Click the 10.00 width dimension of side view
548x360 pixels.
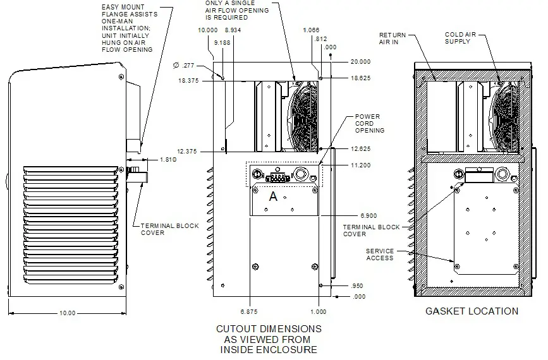pos(67,313)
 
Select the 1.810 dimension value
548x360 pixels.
pos(167,160)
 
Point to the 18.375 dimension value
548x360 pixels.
pos(190,81)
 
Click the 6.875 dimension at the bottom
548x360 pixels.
pos(249,312)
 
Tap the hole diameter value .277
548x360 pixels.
pos(184,65)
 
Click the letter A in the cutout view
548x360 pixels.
pos(273,196)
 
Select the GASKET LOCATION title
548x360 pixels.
pos(472,311)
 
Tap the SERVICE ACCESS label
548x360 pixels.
pos(380,255)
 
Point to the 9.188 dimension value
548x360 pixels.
pos(222,42)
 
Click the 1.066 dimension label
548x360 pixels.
pos(311,30)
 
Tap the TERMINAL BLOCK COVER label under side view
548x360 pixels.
pos(169,229)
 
